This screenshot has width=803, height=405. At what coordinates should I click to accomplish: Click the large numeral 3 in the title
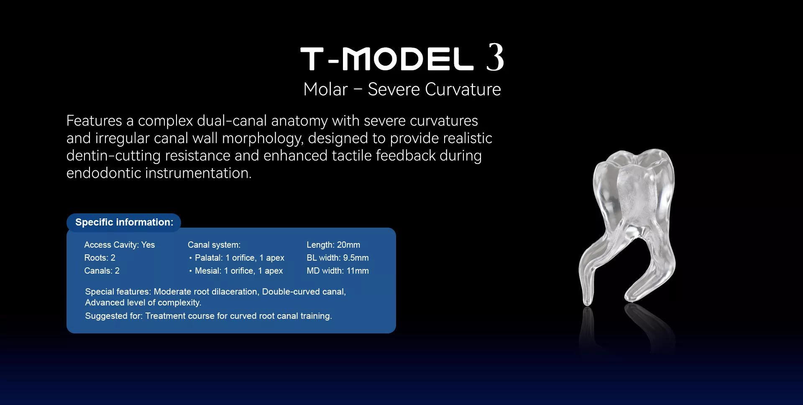[x=495, y=57]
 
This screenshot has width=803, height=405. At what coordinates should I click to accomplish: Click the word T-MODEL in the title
[x=387, y=59]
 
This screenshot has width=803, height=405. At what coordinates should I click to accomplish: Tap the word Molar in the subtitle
[x=325, y=89]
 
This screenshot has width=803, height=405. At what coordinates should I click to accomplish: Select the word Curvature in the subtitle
[x=463, y=89]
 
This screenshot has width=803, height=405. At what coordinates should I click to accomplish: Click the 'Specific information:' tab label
[x=124, y=222]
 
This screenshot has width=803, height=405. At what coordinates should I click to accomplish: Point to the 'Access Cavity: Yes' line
[x=120, y=245]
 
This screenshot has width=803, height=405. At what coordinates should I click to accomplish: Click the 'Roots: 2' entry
[x=100, y=258]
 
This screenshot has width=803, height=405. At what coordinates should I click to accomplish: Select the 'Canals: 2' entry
[x=102, y=271]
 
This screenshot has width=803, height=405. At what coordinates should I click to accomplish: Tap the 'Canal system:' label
[x=214, y=245]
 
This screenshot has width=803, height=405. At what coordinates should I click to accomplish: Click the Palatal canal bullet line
[x=237, y=258]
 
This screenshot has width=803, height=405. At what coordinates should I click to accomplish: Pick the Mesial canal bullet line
[x=236, y=271]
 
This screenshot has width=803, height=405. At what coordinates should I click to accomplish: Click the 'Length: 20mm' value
[x=333, y=245]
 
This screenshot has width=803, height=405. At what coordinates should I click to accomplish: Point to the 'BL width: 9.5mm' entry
[x=338, y=258]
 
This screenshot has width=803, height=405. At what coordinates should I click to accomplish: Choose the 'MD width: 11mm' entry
[x=338, y=271]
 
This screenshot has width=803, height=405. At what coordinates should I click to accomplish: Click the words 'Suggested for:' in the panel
[x=114, y=316]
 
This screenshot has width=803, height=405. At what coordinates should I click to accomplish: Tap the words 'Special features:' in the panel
[x=118, y=292]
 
